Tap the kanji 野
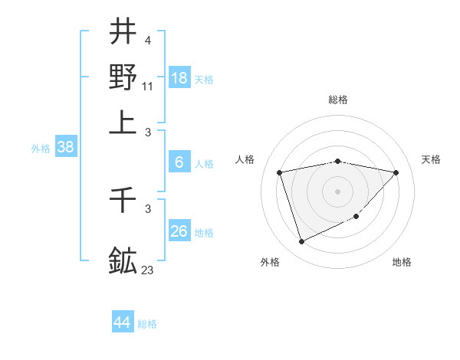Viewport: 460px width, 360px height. click(x=123, y=77)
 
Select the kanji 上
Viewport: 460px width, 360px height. click(x=123, y=121)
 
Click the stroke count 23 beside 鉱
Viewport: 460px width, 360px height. click(x=148, y=269)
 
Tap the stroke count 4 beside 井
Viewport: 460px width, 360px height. click(x=147, y=40)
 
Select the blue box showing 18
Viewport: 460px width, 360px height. click(x=179, y=77)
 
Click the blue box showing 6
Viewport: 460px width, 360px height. click(x=179, y=162)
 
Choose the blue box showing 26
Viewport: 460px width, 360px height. click(x=179, y=231)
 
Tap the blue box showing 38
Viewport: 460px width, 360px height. click(x=65, y=148)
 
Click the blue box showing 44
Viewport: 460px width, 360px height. click(x=123, y=322)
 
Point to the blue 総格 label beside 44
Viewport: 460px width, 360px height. click(x=147, y=324)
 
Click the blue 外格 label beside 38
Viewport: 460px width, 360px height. click(x=41, y=149)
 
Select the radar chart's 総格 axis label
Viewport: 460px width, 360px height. click(x=338, y=100)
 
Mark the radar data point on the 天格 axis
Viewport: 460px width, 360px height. click(x=396, y=172)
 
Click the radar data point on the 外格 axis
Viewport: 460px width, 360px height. click(x=301, y=242)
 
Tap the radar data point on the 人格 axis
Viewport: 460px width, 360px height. click(x=280, y=172)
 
